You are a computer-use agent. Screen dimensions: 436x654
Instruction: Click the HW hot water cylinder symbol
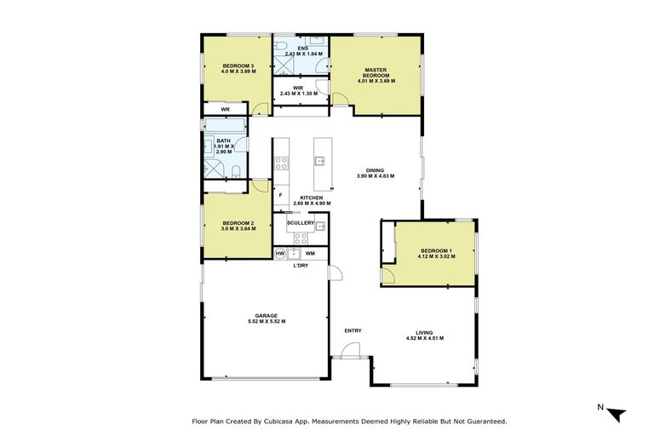click(280, 253)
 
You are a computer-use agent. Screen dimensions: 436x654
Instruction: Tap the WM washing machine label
click(310, 253)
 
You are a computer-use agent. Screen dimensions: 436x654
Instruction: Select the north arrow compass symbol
click(617, 413)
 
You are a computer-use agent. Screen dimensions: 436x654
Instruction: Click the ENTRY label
click(353, 330)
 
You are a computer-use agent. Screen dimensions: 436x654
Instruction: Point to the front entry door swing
click(350, 350)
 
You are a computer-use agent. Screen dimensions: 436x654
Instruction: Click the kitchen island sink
click(320, 159)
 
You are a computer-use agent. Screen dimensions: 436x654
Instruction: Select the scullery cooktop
click(301, 238)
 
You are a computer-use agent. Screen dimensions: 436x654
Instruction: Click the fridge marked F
click(281, 195)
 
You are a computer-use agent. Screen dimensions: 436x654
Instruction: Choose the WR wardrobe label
click(226, 110)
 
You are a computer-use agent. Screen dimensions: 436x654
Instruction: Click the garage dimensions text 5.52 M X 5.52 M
click(267, 321)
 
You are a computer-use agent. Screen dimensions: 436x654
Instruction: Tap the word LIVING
click(425, 332)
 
